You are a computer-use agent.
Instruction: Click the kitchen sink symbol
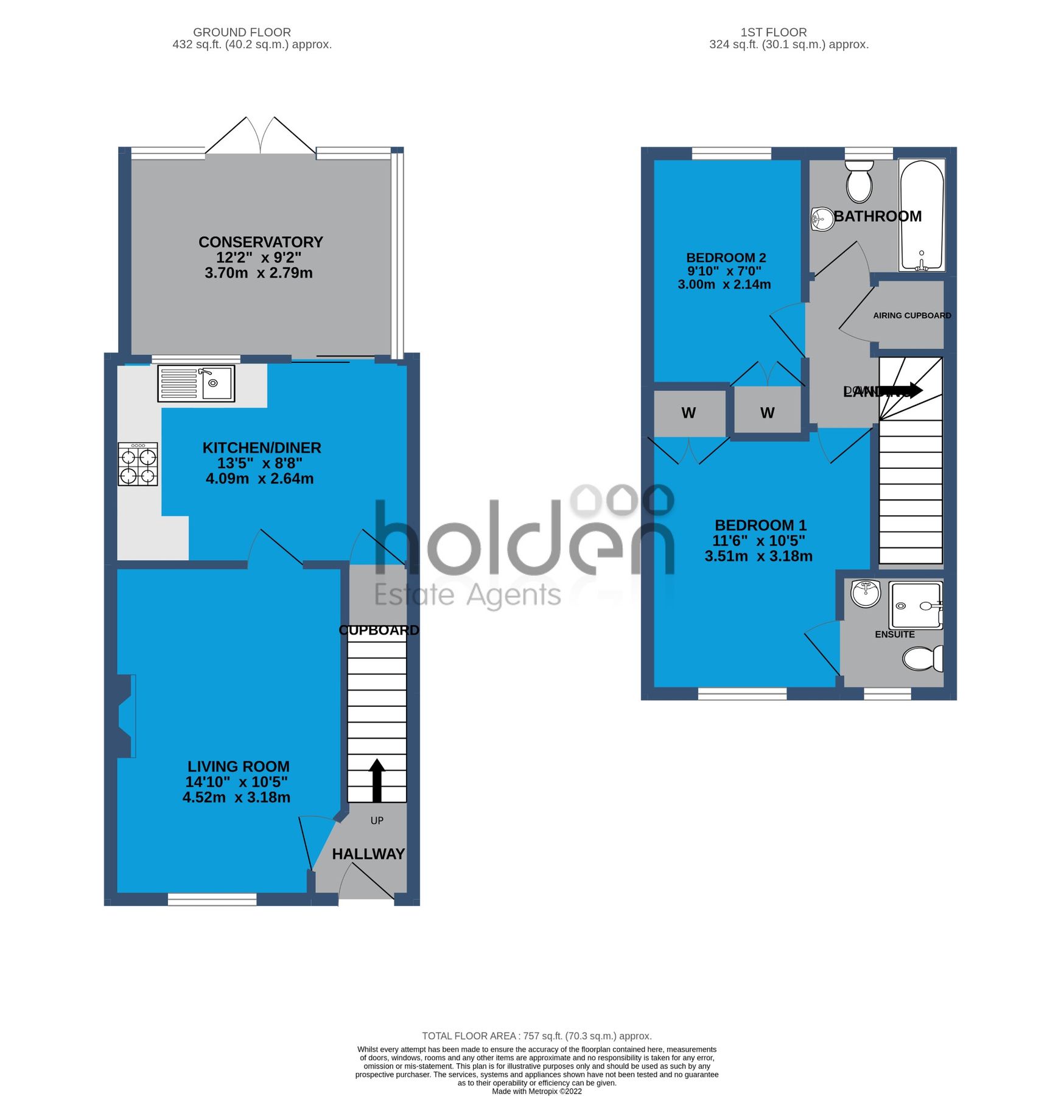click(x=196, y=383)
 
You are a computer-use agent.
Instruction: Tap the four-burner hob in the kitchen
click(x=138, y=464)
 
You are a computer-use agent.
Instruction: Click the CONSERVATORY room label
click(x=261, y=242)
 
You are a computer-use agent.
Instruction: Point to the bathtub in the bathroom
click(x=921, y=216)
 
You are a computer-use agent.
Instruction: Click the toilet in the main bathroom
click(x=859, y=181)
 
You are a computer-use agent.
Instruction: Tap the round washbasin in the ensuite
click(x=865, y=593)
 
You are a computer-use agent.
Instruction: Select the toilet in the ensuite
click(x=922, y=658)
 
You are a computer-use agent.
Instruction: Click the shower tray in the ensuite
click(x=915, y=605)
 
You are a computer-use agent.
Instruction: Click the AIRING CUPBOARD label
click(x=911, y=315)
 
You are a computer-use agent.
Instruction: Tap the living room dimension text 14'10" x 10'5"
click(x=236, y=782)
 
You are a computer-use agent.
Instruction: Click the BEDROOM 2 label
click(x=726, y=258)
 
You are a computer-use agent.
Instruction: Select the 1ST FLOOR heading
click(x=773, y=32)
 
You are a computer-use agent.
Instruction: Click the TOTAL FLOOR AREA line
click(x=536, y=1036)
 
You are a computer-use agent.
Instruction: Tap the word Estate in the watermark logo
click(x=414, y=595)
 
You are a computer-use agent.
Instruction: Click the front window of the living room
click(x=212, y=899)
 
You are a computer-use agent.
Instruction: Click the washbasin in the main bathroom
click(x=822, y=219)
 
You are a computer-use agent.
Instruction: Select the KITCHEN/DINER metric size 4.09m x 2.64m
click(x=259, y=479)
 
